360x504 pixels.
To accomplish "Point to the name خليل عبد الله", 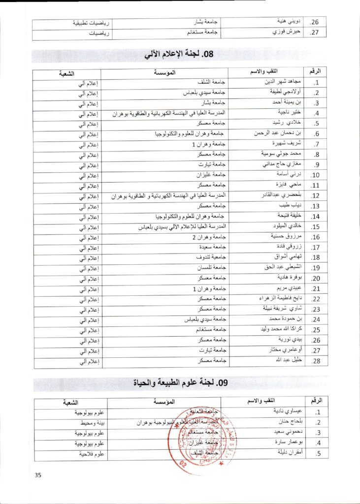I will tap(280, 361).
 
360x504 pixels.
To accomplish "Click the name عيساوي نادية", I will tap(279, 412).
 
